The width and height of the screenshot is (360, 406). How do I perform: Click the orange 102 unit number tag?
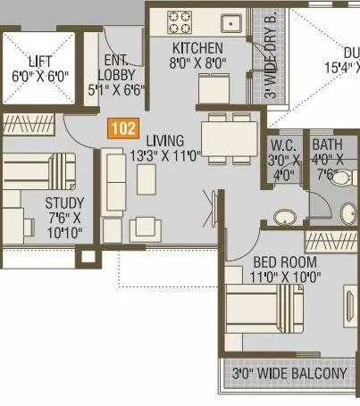[x=124, y=128]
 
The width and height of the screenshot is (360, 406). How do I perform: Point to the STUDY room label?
[x=63, y=203]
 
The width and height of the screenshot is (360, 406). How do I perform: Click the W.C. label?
[x=281, y=147]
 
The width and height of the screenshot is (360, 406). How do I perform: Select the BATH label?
[x=327, y=147]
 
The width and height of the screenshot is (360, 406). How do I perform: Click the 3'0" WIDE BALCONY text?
[x=289, y=373]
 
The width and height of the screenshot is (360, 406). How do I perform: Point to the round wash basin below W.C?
[x=285, y=218]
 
